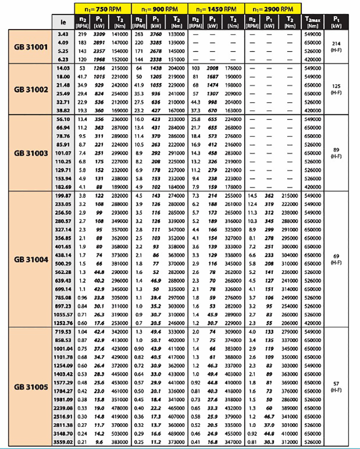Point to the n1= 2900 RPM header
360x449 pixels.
click(273, 8)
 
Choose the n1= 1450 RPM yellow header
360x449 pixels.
click(216, 8)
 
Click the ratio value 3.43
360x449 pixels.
click(63, 33)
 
